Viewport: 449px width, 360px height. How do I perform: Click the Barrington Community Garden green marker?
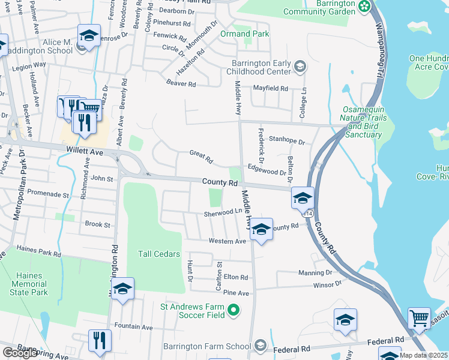tap(364, 7)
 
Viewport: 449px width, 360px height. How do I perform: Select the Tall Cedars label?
tap(159, 254)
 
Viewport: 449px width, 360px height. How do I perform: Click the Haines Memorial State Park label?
tap(28, 284)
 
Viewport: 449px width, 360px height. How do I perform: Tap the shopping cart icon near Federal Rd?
tap(419, 318)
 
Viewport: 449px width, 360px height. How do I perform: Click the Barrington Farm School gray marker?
tap(260, 345)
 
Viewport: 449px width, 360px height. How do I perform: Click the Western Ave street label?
tap(228, 241)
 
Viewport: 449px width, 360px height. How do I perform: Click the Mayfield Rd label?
tap(270, 88)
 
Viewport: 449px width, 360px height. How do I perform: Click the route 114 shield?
tap(308, 213)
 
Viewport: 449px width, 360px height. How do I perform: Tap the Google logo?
tap(20, 353)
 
